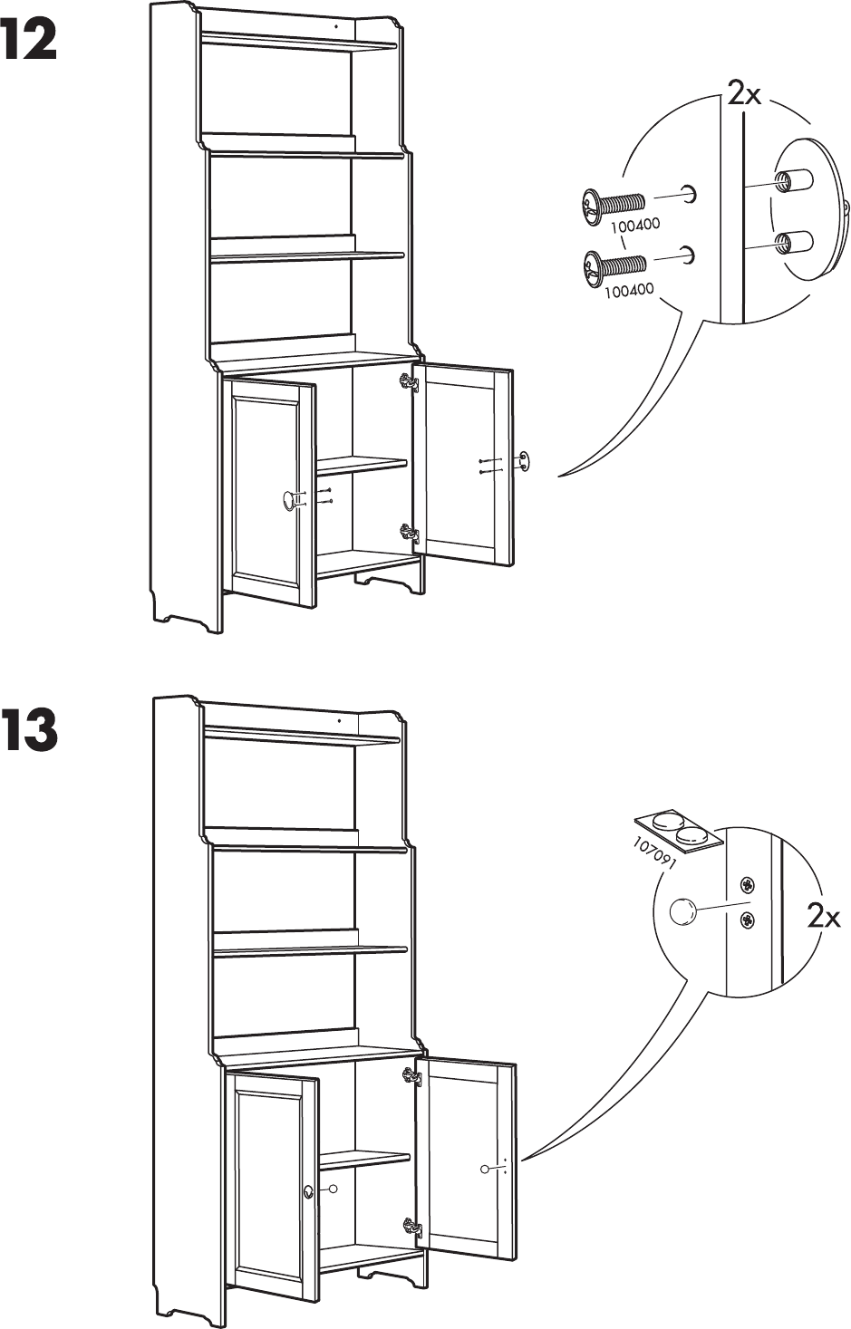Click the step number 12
(31, 42)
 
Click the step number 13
(31, 733)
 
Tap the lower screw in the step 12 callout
(614, 265)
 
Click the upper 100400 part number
(633, 226)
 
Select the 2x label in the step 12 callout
(744, 93)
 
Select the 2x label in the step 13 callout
(824, 919)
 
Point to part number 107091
(657, 853)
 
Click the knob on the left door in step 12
(290, 498)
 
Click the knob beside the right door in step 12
(524, 461)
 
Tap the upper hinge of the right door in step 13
(413, 1076)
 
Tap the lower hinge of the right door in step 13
(413, 1228)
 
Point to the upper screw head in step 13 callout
(747, 885)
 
